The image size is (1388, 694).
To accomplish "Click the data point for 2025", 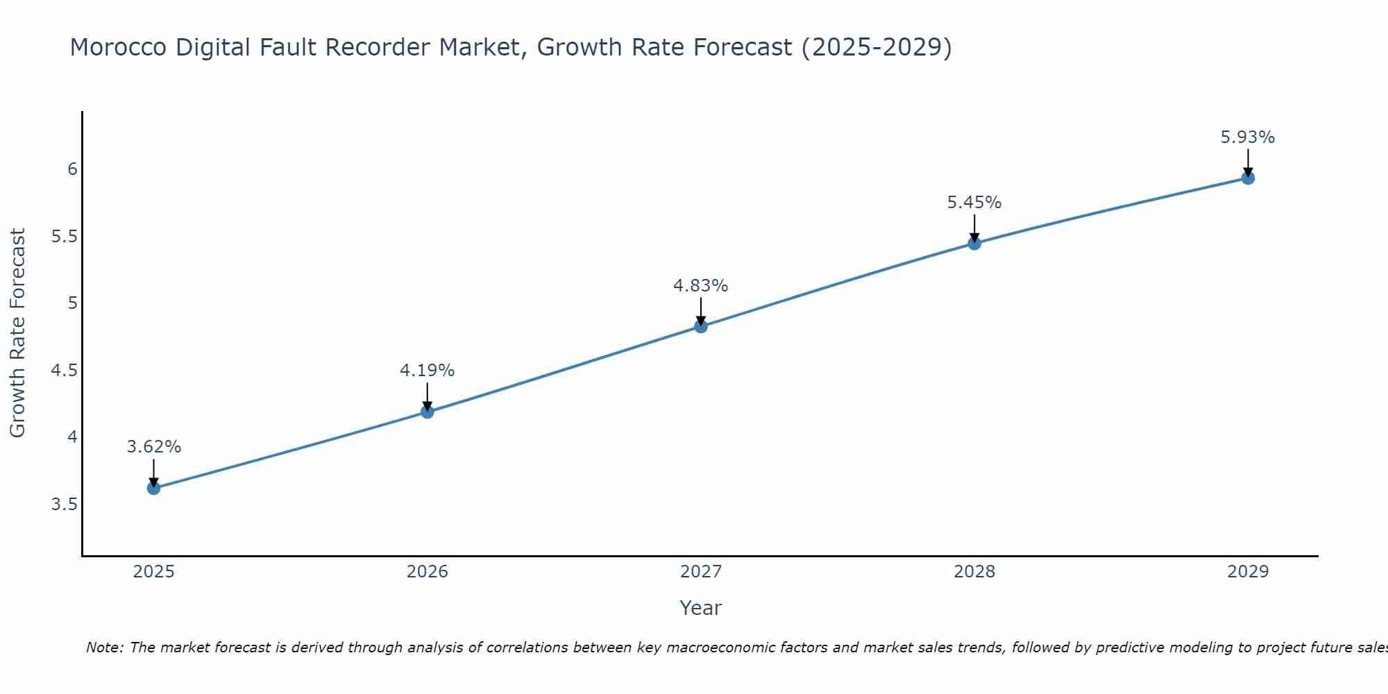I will click(153, 488).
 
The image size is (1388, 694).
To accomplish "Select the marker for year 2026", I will click(427, 412).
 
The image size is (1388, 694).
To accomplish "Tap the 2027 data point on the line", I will click(701, 326).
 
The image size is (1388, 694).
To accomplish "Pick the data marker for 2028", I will click(974, 243).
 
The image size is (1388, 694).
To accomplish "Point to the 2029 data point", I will click(1248, 178).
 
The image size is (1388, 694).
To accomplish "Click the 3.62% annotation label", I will click(153, 447).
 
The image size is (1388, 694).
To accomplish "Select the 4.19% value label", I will click(427, 371).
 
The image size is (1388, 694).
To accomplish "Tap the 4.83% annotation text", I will click(701, 286).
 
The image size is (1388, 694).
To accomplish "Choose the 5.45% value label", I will click(974, 203).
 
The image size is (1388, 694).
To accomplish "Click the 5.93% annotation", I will click(1248, 137).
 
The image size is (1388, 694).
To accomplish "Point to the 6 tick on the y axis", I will click(71, 169).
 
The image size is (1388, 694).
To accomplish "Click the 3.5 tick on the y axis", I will click(64, 504).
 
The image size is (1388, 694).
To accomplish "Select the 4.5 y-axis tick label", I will click(64, 370).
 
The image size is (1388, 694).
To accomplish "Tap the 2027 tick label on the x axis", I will click(701, 572).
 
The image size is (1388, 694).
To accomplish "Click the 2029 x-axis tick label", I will click(1248, 572).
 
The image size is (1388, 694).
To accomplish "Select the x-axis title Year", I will click(701, 608).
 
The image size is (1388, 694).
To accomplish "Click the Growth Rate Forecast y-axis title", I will click(18, 333).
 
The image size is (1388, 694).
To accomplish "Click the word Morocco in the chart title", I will click(118, 47).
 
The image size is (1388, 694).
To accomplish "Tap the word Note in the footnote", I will click(104, 648).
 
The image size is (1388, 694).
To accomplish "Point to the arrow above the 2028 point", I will click(974, 228).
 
